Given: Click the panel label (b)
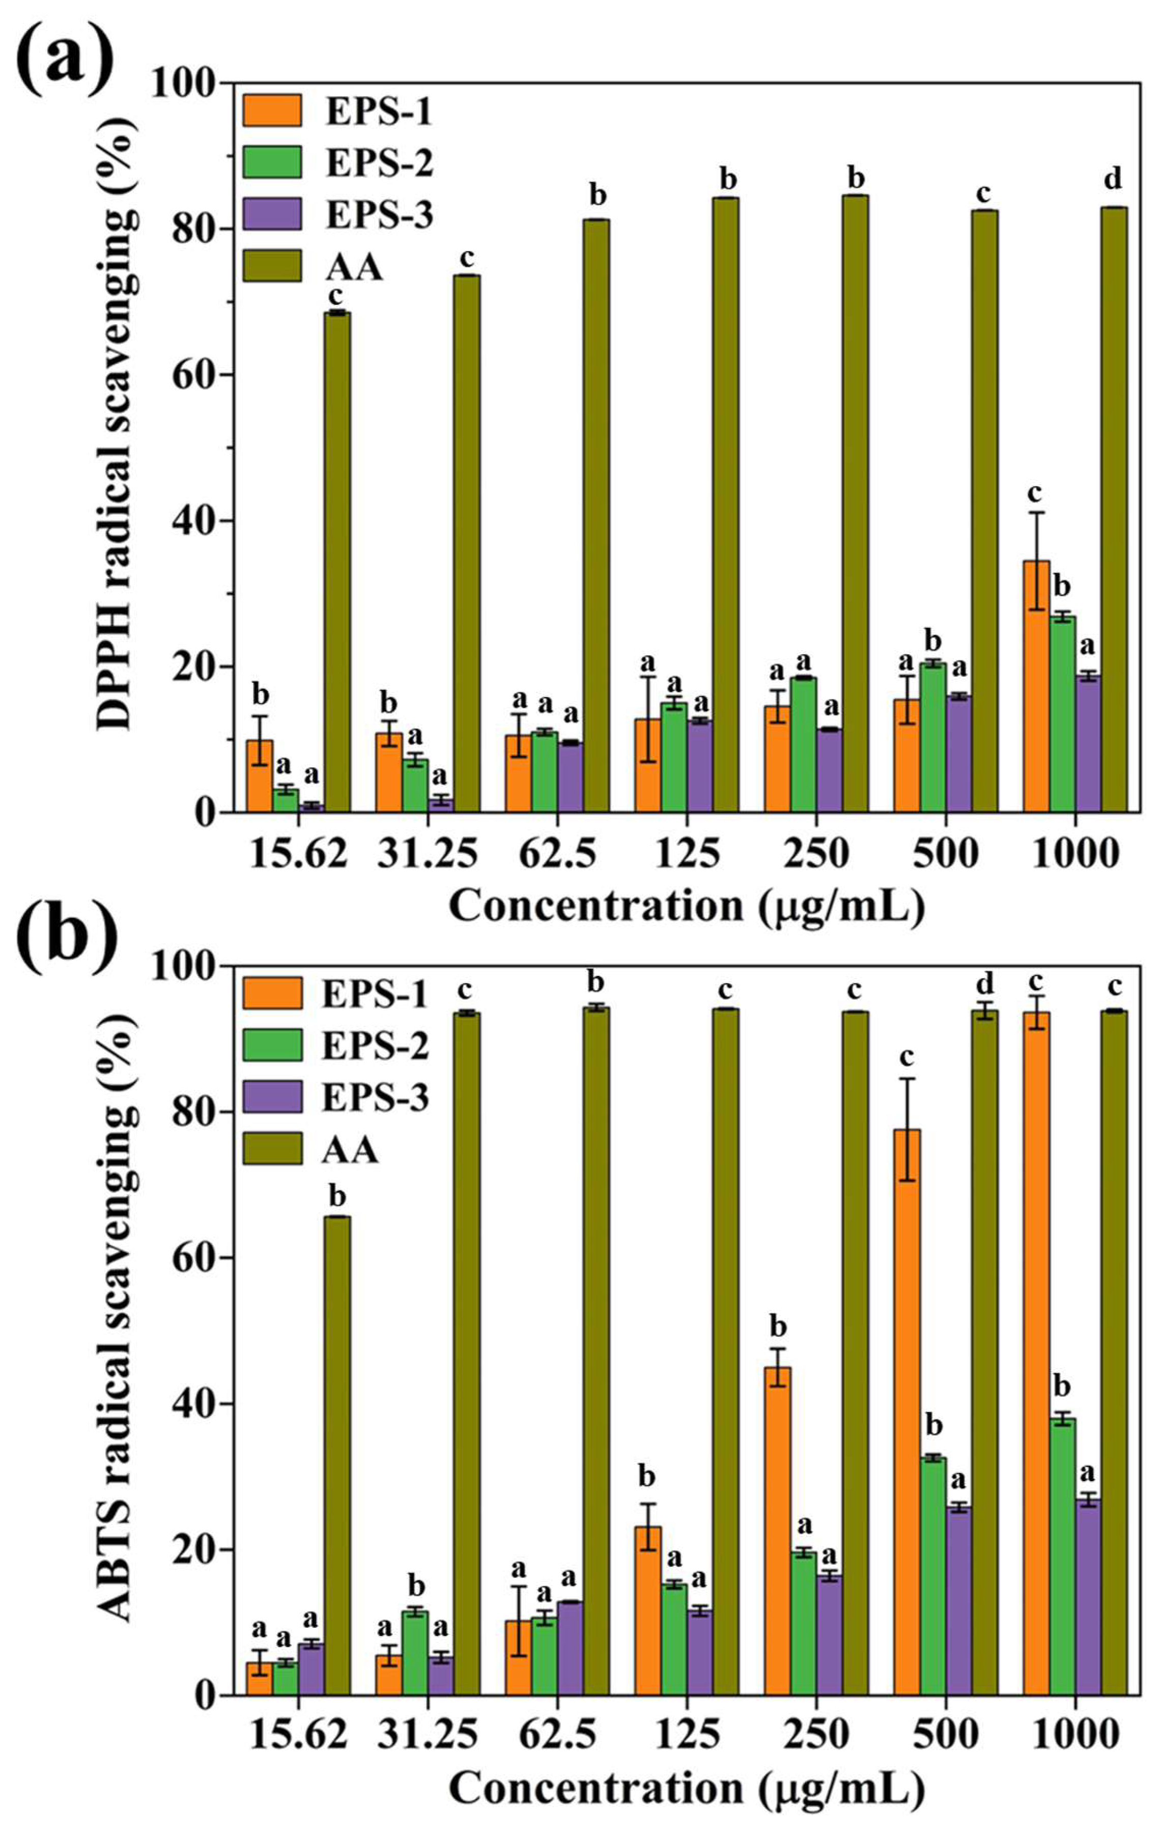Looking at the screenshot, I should [x=67, y=934].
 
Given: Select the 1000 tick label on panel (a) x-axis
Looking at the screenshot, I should [x=1075, y=854].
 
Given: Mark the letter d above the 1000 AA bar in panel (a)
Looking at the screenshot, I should [x=1113, y=180].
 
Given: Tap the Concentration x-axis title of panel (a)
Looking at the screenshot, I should [x=686, y=907].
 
